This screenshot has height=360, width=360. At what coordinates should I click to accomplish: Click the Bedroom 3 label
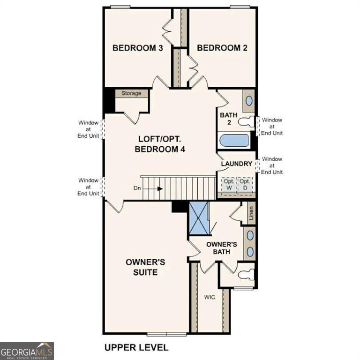[x=137, y=48]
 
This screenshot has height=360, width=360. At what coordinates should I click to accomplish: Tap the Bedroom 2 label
[x=222, y=48]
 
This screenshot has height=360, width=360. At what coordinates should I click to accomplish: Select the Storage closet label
[x=131, y=93]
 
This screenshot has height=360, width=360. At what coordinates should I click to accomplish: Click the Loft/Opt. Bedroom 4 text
[x=161, y=144]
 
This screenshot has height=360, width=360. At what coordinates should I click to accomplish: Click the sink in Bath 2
[x=249, y=100]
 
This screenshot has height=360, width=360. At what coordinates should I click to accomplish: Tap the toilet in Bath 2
[x=246, y=122]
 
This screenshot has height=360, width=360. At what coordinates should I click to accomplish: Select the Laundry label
[x=237, y=164]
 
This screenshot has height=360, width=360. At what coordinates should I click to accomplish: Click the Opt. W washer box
[x=228, y=184]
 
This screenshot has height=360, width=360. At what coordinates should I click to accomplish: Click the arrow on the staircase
[x=160, y=189]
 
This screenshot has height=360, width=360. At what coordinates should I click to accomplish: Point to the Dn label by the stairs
[x=137, y=189]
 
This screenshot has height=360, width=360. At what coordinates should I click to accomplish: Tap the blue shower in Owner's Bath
[x=198, y=218]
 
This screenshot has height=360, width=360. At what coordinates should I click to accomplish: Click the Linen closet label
[x=251, y=213]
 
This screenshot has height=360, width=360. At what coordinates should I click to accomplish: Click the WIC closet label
[x=209, y=297]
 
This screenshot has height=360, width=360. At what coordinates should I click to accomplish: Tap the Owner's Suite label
[x=145, y=267]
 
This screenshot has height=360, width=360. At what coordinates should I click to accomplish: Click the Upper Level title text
[x=136, y=347]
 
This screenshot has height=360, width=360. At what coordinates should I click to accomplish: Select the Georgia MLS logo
[x=27, y=351]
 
